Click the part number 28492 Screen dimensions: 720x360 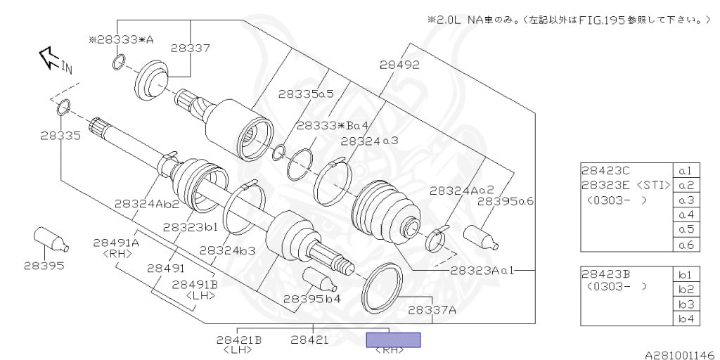399,65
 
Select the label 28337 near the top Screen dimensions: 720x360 190,48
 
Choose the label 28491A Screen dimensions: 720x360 116,243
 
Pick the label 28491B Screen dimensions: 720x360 195,284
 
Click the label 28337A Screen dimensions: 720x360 432,309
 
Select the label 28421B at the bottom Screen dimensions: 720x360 239,340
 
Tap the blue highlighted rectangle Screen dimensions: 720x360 394,340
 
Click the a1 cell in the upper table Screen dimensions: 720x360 686,170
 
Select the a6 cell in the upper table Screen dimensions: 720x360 686,245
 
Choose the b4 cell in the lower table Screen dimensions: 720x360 686,319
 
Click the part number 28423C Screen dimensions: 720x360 606,170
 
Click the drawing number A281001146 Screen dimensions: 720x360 680,355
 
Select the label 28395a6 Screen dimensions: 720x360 506,202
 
